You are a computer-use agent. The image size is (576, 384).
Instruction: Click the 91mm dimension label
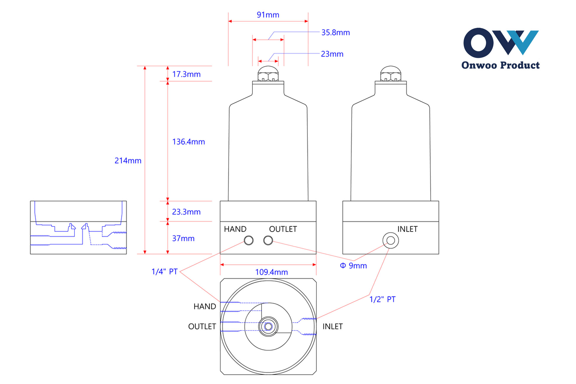point(268,15)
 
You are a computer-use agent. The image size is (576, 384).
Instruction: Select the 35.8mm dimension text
point(335,32)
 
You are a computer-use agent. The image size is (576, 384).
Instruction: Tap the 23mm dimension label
point(332,54)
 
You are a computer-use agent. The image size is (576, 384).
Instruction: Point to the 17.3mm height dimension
point(186,74)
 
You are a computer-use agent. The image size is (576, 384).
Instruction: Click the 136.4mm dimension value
point(188,142)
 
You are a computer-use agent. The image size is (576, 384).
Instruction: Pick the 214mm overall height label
point(128,161)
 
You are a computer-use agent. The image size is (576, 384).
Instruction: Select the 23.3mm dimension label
point(186,212)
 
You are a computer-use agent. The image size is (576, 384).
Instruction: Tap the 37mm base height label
point(183,238)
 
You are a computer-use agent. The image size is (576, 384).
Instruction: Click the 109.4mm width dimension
point(271,272)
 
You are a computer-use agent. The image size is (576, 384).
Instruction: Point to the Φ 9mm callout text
point(353,266)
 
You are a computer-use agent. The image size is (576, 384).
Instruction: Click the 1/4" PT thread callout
point(165,272)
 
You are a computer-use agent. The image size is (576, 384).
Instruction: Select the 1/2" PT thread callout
point(382,300)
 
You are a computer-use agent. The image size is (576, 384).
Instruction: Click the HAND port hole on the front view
point(249,240)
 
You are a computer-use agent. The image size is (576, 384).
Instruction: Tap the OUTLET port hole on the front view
point(268,240)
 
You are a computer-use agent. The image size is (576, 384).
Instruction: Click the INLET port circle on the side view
point(390,240)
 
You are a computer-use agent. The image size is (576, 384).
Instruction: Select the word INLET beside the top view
point(333,326)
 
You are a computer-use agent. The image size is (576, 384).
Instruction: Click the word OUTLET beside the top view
point(202,326)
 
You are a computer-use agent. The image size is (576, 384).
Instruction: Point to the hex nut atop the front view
point(268,74)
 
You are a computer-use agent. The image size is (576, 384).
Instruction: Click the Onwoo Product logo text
point(500,65)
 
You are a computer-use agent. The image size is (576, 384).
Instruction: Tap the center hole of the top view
point(268,326)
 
